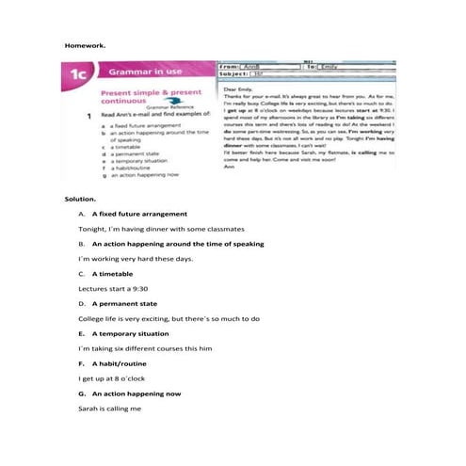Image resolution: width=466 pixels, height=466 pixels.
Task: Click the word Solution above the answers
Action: coord(79,200)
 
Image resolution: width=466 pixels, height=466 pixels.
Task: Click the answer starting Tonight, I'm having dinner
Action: coord(161,229)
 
